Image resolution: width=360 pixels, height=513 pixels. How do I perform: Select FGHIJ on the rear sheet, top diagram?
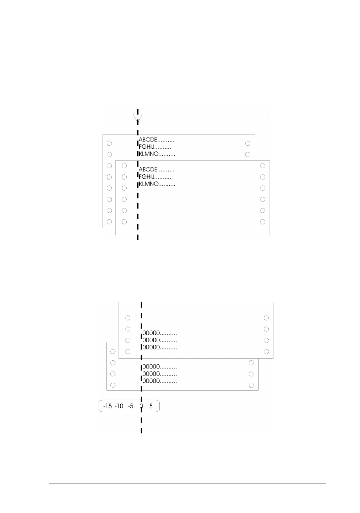[147, 147]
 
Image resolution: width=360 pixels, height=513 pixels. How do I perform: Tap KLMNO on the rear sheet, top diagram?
[148, 154]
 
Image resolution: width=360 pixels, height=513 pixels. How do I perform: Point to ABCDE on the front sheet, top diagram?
[148, 170]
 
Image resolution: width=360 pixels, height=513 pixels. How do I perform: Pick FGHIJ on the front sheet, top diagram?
[147, 177]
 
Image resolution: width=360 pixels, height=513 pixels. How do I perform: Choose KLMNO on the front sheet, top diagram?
[148, 184]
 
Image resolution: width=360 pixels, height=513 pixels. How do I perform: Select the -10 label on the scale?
[119, 406]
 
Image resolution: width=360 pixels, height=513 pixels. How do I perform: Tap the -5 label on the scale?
[131, 406]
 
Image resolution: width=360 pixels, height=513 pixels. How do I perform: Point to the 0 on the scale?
[141, 406]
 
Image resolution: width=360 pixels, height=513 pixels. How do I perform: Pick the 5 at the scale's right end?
[151, 406]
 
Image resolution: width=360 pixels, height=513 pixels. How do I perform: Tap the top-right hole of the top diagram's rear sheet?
[247, 143]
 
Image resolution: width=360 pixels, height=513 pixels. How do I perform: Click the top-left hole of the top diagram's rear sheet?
[109, 143]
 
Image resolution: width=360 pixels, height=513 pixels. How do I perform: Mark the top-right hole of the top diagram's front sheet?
[262, 166]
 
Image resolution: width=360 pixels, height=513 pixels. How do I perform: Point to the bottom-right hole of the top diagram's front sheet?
[262, 222]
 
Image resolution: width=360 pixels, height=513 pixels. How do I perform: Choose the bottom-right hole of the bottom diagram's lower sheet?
[251, 385]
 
